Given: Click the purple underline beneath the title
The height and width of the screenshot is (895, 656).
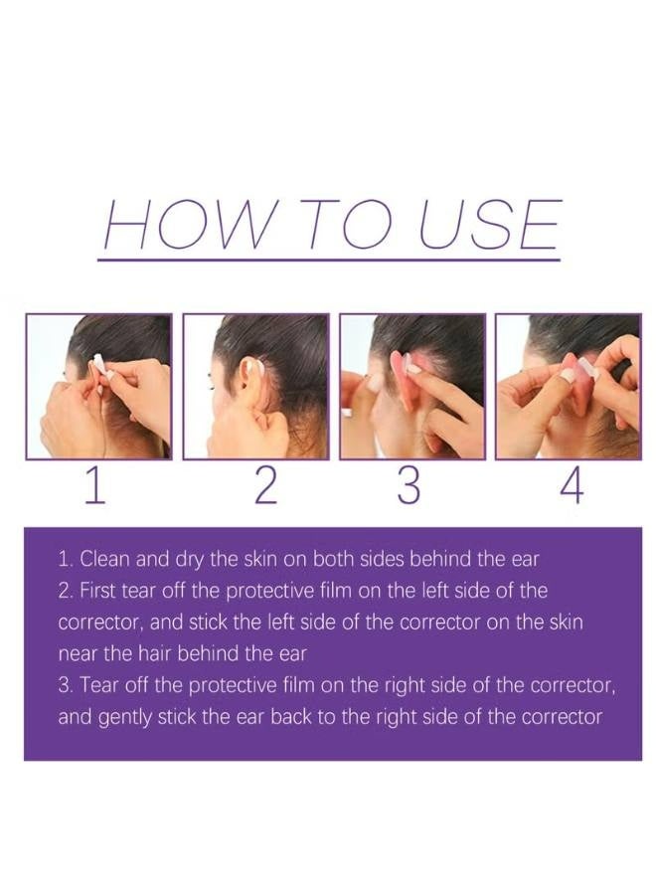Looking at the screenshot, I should click(328, 260).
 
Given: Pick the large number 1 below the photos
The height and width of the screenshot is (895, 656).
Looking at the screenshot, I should click(93, 486).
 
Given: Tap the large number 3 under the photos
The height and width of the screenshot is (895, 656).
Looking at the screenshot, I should click(409, 486).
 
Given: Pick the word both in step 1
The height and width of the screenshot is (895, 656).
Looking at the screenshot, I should click(338, 558).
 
